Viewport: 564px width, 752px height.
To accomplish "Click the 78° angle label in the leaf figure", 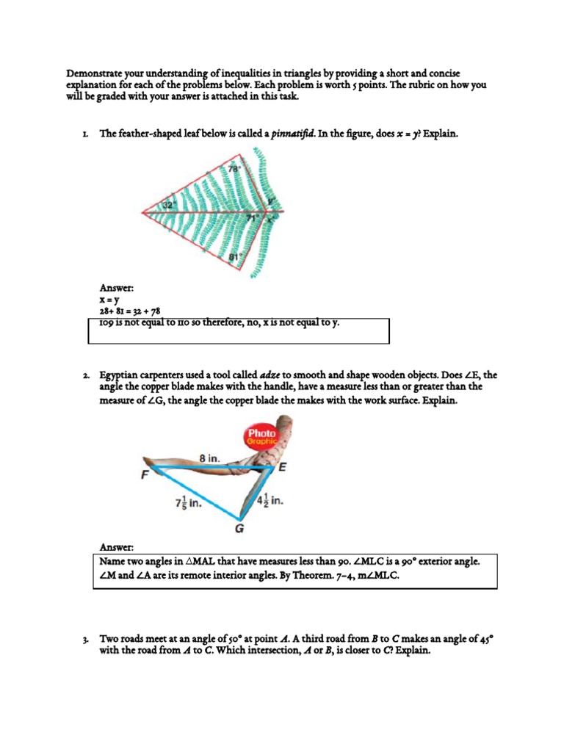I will (x=234, y=168).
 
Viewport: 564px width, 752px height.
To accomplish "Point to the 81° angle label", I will (x=235, y=257).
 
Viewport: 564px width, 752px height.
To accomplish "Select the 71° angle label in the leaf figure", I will (x=252, y=218).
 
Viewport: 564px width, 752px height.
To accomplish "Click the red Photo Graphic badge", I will (x=261, y=437).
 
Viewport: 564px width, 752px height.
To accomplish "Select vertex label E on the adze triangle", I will (x=282, y=466).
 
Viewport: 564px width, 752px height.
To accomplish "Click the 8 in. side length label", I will (x=209, y=458).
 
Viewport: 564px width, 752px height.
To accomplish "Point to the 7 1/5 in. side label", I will (x=189, y=504).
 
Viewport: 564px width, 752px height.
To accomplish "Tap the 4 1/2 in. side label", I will (x=270, y=501).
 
